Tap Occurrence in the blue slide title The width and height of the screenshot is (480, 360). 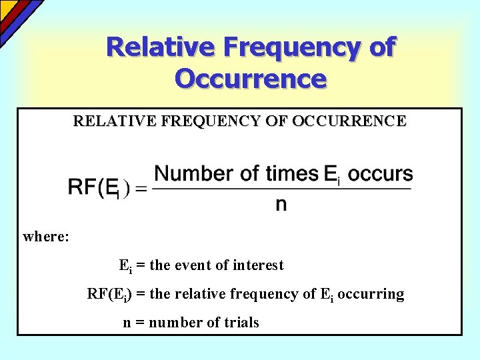click(x=251, y=79)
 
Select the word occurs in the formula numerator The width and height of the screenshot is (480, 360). click(x=380, y=174)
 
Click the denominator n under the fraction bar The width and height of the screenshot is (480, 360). click(x=281, y=204)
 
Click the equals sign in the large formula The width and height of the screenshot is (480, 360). click(x=141, y=190)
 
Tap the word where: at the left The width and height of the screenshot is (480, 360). click(x=46, y=236)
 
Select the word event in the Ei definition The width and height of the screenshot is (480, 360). click(x=193, y=265)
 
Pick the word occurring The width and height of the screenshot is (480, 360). click(x=371, y=294)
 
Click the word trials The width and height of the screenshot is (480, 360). click(x=241, y=323)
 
